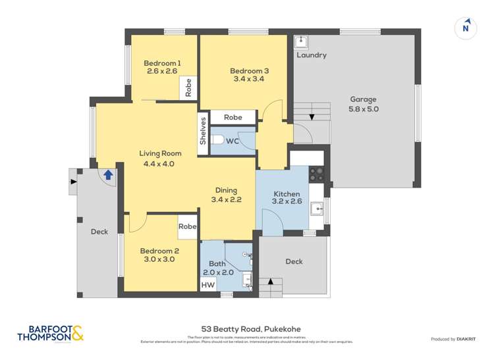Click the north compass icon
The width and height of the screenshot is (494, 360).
click(x=466, y=27)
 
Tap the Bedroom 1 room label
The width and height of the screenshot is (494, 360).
click(x=162, y=63)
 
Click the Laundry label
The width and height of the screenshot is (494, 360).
click(x=311, y=55)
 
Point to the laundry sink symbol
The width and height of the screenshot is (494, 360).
click(x=302, y=41)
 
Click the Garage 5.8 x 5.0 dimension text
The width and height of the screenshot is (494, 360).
click(x=364, y=109)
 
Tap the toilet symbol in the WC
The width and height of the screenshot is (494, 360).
click(x=219, y=140)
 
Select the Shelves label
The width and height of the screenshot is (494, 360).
click(x=204, y=131)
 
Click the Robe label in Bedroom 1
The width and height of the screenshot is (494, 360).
click(x=188, y=88)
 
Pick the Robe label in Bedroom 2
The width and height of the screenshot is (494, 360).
click(x=188, y=226)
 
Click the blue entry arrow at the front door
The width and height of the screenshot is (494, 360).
click(x=107, y=175)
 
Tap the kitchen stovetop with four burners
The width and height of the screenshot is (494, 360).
click(x=317, y=174)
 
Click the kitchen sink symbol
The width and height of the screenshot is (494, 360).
click(x=317, y=209)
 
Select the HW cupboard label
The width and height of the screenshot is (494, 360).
click(x=207, y=285)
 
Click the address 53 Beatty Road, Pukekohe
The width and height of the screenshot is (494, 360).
click(x=247, y=329)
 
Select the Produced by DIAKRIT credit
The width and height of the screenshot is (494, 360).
click(x=453, y=339)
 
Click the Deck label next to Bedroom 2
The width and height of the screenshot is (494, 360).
click(x=99, y=232)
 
